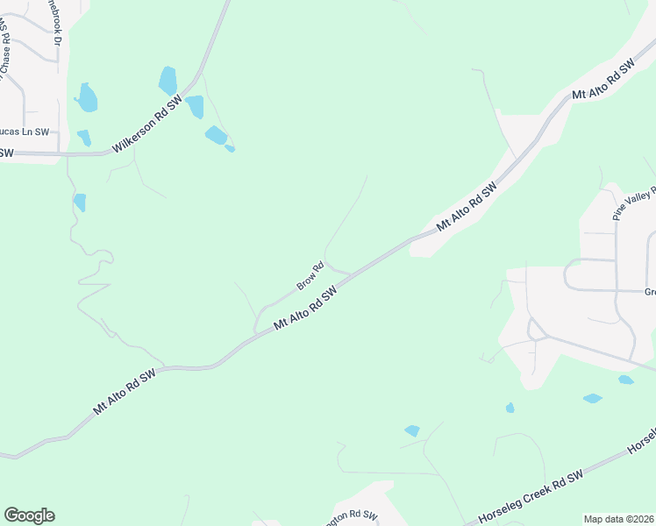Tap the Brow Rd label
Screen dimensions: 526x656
pos(310,276)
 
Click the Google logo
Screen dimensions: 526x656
pos(29,515)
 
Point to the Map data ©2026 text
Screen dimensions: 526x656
pos(618,519)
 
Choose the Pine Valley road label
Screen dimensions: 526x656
pos(630,203)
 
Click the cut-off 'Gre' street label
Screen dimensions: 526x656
pos(650,292)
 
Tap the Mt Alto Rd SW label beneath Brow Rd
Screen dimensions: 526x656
pos(305,310)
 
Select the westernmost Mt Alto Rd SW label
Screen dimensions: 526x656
pos(125,392)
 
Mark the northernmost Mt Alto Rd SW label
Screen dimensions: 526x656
pos(603,81)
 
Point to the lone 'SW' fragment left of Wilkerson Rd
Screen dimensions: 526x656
pos(6,153)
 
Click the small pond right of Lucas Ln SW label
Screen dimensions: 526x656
pos(84,138)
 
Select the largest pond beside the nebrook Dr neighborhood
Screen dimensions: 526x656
pos(87,97)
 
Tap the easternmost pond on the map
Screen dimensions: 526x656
pos(626,380)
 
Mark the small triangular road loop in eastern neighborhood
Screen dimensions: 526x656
pos(534,330)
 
